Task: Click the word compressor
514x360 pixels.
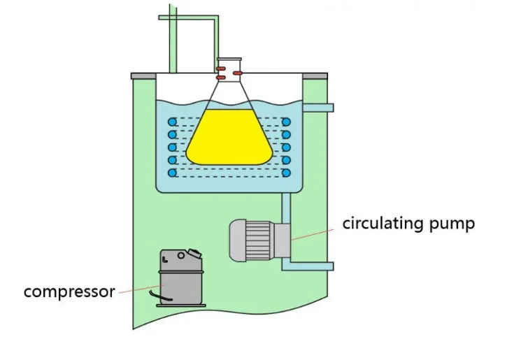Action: pos(69,291)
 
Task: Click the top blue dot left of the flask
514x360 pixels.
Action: pos(171,122)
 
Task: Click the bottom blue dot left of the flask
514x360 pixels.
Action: pos(171,172)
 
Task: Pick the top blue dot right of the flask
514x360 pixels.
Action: pos(286,122)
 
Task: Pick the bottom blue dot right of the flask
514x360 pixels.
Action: pos(286,172)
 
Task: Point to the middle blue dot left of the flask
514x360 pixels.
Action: pos(171,147)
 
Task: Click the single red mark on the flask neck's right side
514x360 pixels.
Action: pos(238,72)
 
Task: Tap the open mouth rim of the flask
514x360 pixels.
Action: pos(228,59)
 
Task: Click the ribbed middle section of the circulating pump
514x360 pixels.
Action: pos(259,240)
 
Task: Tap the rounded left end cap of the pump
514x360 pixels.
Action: pos(236,240)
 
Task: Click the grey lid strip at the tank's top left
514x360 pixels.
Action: pos(143,75)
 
